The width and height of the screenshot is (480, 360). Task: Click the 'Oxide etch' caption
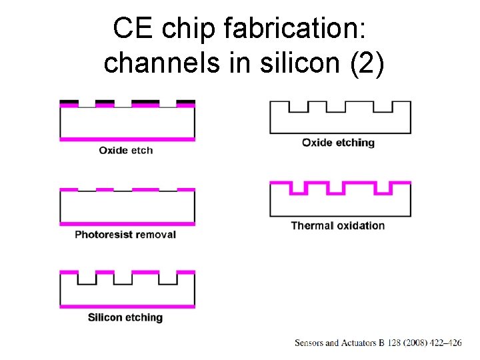tap(126, 151)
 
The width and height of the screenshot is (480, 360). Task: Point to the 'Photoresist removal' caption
tap(125, 235)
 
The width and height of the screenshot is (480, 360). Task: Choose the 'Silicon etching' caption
tap(125, 317)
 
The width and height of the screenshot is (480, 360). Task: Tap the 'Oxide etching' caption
tap(339, 143)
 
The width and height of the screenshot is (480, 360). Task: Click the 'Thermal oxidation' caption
tap(338, 225)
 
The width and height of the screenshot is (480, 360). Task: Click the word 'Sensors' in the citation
tap(309, 343)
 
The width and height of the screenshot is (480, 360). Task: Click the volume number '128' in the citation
tap(395, 343)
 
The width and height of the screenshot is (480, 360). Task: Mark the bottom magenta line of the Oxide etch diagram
tap(127, 139)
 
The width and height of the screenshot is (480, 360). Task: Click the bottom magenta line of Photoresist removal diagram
tap(127, 223)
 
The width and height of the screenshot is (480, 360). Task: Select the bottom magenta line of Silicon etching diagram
tap(127, 306)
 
